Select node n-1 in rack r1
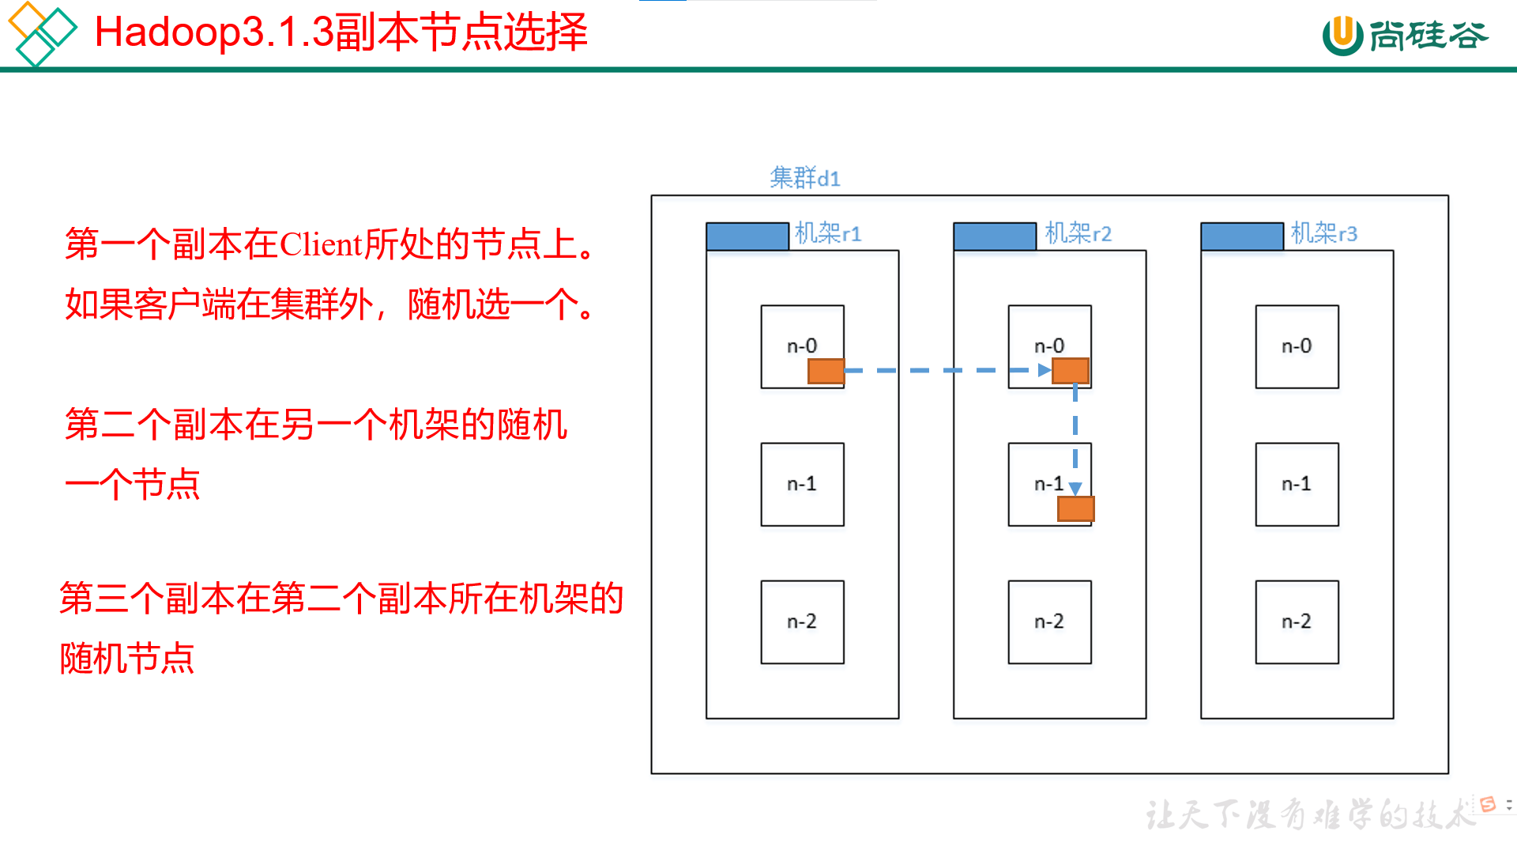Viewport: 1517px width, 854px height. pos(802,484)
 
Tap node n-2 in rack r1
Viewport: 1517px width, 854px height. pos(802,622)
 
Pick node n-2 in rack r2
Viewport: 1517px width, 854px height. pos(1049,622)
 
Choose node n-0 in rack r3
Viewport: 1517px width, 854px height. pos(1297,346)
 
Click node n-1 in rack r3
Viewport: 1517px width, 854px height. pos(1297,484)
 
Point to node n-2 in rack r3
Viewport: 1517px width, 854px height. pos(1297,622)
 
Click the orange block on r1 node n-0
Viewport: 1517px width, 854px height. pos(826,371)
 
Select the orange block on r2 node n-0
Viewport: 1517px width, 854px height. pos(1071,370)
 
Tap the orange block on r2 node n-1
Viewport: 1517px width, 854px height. pos(1075,508)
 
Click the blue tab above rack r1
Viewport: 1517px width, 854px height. pos(747,236)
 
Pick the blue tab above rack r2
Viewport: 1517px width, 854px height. pos(994,236)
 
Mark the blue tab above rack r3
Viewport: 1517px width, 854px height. pos(1241,236)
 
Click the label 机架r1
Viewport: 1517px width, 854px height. pos(827,233)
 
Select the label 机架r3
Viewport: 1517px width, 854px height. pos(1323,233)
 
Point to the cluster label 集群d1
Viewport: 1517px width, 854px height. pos(804,178)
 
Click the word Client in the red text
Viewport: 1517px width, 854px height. pos(321,244)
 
